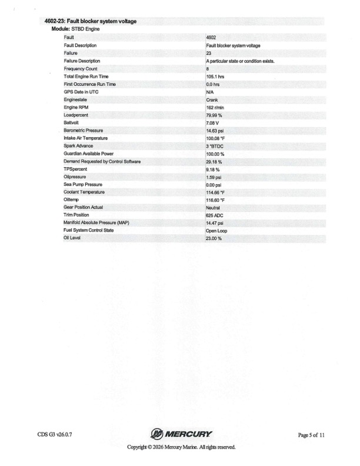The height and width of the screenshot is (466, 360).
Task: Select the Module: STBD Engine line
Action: click(x=78, y=29)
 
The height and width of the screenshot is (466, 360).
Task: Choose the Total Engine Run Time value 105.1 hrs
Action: click(x=215, y=76)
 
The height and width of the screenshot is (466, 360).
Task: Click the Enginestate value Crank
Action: click(x=212, y=100)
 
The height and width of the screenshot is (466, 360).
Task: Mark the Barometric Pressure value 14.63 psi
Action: click(x=215, y=131)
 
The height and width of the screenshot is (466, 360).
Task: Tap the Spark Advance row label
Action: click(x=78, y=146)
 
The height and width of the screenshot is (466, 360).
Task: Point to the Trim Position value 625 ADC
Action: click(x=215, y=216)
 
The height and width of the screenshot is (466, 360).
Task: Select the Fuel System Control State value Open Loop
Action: click(x=216, y=231)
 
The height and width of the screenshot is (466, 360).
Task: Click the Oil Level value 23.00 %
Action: click(x=214, y=239)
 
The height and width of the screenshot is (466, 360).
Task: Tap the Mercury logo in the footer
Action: click(x=181, y=435)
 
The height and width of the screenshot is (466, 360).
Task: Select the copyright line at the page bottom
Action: click(x=181, y=447)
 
